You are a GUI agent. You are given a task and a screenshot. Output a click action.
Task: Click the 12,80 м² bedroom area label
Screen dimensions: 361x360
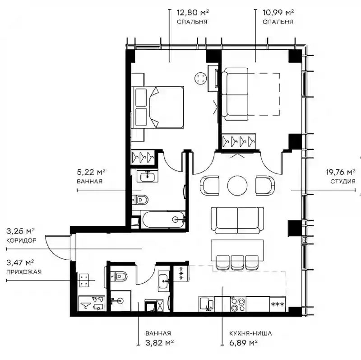click(x=193, y=13)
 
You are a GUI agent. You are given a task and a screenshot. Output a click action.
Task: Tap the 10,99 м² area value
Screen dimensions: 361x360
click(x=278, y=13)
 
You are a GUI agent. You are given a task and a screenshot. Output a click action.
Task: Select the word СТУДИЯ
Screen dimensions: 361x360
click(x=343, y=182)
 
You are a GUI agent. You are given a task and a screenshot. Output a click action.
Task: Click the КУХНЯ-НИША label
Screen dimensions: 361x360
click(x=250, y=333)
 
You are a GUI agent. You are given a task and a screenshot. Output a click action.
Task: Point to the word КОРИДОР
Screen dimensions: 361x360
click(x=21, y=240)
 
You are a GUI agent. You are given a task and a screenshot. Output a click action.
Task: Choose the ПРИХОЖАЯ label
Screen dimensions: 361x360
click(x=24, y=272)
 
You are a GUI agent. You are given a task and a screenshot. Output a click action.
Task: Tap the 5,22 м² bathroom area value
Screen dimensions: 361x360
click(x=91, y=172)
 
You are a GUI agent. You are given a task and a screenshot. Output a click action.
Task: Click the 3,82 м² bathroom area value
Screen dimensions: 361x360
click(x=160, y=343)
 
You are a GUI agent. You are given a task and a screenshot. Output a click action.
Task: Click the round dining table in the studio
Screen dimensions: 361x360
click(x=237, y=186)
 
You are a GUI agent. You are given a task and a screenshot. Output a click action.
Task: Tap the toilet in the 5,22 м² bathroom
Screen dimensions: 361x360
click(x=140, y=200)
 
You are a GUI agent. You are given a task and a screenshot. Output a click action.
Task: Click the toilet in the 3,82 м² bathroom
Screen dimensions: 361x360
click(x=119, y=276)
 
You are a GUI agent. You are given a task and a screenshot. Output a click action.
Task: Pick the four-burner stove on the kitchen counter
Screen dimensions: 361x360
click(x=238, y=304)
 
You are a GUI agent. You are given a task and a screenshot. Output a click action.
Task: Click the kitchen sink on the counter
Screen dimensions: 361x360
click(x=207, y=304)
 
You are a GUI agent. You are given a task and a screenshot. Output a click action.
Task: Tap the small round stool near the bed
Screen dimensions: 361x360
click(x=200, y=78)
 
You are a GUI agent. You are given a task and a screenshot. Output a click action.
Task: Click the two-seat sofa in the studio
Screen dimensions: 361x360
click(x=237, y=220)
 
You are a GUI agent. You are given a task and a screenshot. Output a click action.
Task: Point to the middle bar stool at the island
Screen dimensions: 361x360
click(x=237, y=262)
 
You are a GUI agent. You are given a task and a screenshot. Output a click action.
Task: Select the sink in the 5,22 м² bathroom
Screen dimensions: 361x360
click(x=148, y=176)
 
